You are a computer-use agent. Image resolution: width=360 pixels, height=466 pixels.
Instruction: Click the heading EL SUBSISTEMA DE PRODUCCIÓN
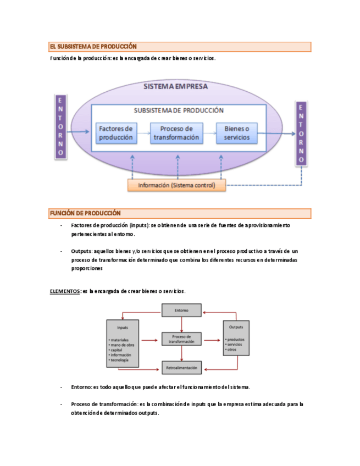(x=93, y=47)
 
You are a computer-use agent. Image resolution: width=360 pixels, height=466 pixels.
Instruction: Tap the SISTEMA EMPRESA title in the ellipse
(x=175, y=87)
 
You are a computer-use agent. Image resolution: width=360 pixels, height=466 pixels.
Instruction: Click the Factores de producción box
(x=116, y=132)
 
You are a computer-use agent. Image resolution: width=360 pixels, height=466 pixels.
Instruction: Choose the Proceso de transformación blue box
(x=176, y=132)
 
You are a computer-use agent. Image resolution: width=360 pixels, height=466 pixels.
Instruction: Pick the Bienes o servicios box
(x=236, y=132)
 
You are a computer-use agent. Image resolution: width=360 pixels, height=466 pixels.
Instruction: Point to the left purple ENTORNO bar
(x=60, y=127)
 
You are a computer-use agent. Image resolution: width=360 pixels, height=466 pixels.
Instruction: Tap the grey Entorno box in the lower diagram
(x=181, y=310)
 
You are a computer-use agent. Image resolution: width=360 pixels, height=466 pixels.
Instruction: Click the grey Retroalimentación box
(x=181, y=367)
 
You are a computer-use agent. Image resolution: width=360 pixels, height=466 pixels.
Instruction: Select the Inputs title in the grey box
(x=123, y=328)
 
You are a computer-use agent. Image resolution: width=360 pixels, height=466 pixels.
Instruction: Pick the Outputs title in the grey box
(x=236, y=328)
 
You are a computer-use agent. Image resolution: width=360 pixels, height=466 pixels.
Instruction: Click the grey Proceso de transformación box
(x=181, y=339)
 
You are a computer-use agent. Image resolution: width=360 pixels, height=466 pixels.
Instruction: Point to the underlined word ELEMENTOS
(x=65, y=291)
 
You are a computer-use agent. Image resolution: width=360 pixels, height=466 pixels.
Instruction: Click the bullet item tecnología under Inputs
(x=120, y=360)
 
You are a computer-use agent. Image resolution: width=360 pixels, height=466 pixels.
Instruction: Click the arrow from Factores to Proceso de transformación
(x=143, y=132)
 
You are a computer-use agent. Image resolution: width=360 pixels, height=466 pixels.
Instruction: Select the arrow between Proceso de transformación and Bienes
(x=209, y=132)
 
